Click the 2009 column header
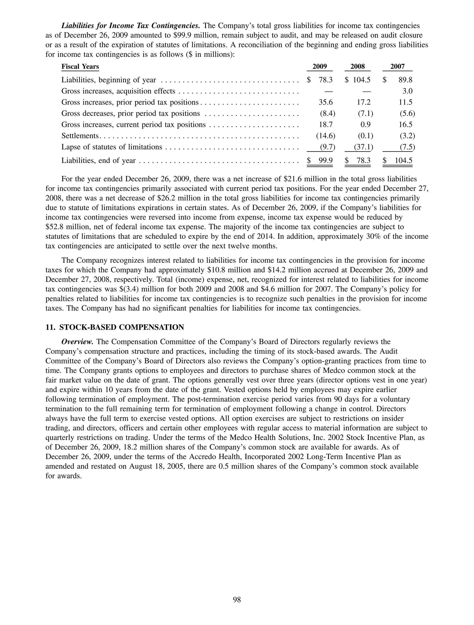click(320, 66)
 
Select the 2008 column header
click(358, 66)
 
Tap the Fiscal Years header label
click(80, 67)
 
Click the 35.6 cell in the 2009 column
click(326, 102)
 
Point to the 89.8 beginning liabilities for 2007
click(405, 80)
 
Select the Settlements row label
click(80, 136)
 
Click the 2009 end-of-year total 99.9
click(326, 160)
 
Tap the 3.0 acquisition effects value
click(407, 91)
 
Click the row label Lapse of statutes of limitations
click(112, 147)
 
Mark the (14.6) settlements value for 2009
click(325, 136)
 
